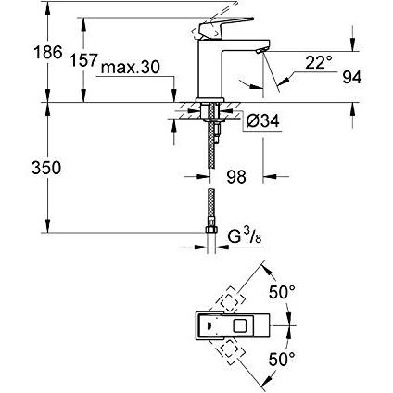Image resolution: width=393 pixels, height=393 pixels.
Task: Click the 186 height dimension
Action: (x=48, y=52)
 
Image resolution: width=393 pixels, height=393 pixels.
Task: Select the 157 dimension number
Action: (x=83, y=59)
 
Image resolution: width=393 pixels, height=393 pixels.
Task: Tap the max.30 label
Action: (x=130, y=67)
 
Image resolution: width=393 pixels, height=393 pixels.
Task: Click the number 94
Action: (x=352, y=77)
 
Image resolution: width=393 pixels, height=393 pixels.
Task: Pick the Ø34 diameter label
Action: (x=263, y=120)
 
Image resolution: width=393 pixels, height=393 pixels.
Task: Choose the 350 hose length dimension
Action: (x=46, y=168)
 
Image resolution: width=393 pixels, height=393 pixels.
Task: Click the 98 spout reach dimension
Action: (x=236, y=177)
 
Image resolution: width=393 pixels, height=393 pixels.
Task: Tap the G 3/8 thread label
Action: (x=245, y=236)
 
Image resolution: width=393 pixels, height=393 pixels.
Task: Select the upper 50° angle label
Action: (x=282, y=292)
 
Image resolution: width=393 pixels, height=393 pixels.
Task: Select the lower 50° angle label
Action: (x=282, y=360)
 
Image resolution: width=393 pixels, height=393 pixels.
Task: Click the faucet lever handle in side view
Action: (x=225, y=28)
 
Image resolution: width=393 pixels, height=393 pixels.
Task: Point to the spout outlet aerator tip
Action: (x=262, y=51)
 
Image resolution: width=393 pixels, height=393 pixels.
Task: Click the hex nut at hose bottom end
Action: (x=211, y=229)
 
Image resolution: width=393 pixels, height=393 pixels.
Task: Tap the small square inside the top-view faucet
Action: (x=241, y=326)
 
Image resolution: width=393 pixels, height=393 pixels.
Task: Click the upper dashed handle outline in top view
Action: (x=230, y=299)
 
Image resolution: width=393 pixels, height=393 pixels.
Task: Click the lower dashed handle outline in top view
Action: (x=230, y=351)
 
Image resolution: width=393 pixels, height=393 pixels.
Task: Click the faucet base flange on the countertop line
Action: (x=209, y=100)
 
